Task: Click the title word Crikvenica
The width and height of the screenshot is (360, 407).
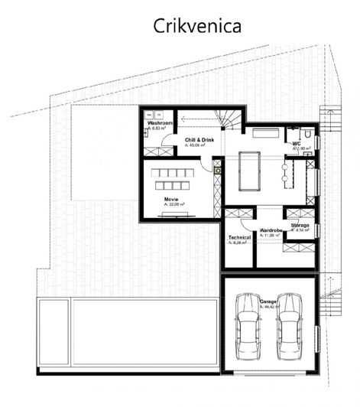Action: (198, 25)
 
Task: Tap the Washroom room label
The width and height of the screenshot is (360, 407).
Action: (160, 123)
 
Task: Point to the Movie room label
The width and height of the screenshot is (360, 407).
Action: (171, 198)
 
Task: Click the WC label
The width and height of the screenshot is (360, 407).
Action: (296, 143)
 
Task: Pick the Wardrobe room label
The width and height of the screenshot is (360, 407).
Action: (271, 230)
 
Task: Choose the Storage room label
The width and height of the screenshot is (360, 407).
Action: (300, 226)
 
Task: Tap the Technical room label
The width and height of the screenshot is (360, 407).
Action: (240, 237)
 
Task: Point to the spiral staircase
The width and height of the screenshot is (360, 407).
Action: (229, 119)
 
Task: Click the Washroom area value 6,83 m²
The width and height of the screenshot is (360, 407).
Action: (157, 129)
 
